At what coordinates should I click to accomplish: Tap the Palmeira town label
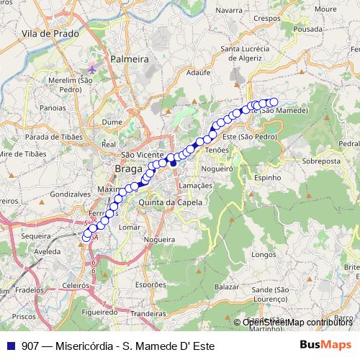pyautogui.click(x=129, y=59)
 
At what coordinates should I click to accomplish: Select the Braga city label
pyautogui.click(x=128, y=169)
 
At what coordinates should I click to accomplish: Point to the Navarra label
pyautogui.click(x=228, y=10)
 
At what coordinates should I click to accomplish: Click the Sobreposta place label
pyautogui.click(x=321, y=162)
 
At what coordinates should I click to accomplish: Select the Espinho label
pyautogui.click(x=267, y=176)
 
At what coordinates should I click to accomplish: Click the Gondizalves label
pyautogui.click(x=70, y=195)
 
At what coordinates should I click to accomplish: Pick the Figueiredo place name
pyautogui.click(x=100, y=312)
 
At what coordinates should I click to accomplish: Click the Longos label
pyautogui.click(x=265, y=254)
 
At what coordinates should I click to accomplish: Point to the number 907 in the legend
pyautogui.click(x=30, y=345)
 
